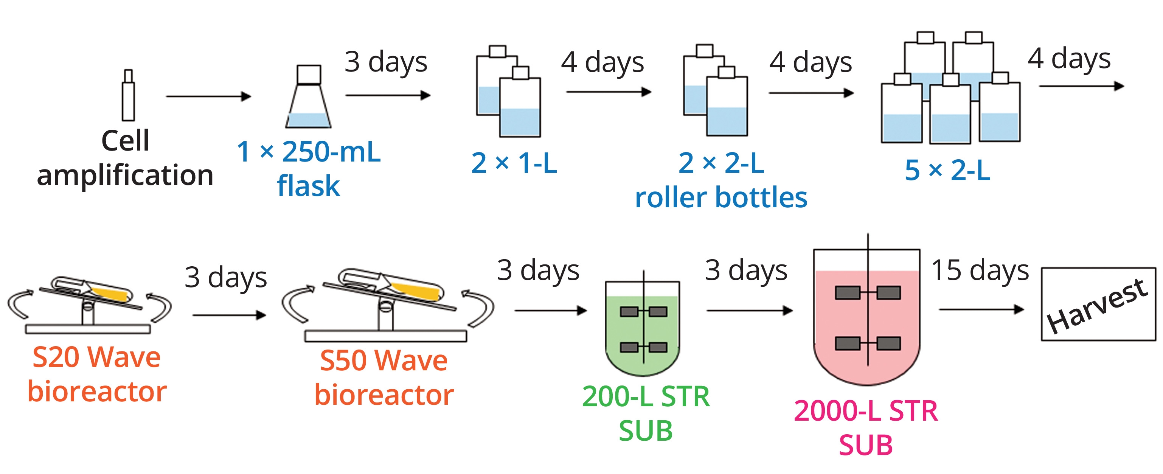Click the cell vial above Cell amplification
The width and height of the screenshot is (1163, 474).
(x=129, y=96)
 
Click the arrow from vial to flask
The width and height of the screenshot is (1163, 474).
(x=208, y=96)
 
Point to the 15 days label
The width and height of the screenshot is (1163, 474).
(x=980, y=271)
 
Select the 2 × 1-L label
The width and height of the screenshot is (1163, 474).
(x=514, y=163)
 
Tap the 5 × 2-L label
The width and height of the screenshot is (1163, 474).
(x=947, y=171)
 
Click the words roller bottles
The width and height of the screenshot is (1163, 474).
(x=721, y=198)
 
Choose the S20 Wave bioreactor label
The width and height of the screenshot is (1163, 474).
(x=96, y=374)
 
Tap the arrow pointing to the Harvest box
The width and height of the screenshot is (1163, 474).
(x=981, y=310)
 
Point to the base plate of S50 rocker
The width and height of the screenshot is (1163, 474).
(x=385, y=336)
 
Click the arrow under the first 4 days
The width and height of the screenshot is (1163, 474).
(x=608, y=92)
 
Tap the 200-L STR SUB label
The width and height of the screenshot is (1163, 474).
(x=646, y=413)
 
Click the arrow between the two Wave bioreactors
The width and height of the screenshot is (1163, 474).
(x=229, y=315)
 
